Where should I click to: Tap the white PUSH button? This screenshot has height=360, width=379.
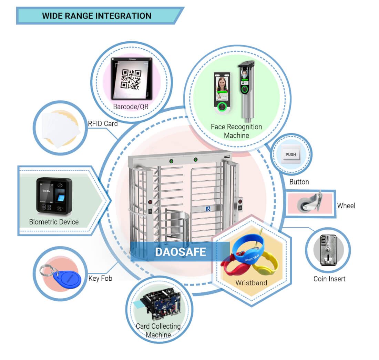pyautogui.click(x=290, y=154)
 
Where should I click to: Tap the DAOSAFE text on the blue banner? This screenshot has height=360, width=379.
pyautogui.click(x=180, y=252)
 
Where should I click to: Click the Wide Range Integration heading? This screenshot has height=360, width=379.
pyautogui.click(x=96, y=16)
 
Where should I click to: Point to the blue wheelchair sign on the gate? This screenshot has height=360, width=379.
pyautogui.click(x=208, y=209)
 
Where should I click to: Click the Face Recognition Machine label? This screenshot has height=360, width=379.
pyautogui.click(x=236, y=131)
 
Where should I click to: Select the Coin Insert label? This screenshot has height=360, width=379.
pyautogui.click(x=329, y=279)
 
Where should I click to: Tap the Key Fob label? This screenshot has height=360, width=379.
pyautogui.click(x=100, y=278)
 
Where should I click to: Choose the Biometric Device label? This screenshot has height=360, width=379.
pyautogui.click(x=54, y=222)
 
